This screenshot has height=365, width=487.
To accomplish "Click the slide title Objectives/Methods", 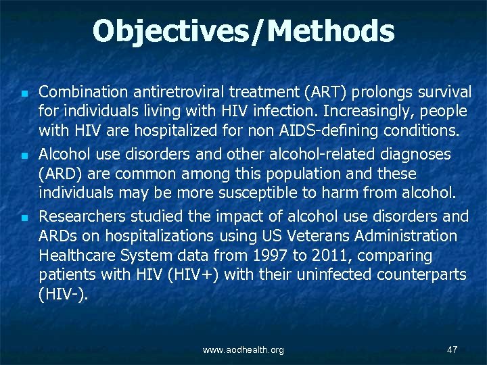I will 243,31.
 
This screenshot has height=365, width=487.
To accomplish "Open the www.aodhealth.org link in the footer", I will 243,349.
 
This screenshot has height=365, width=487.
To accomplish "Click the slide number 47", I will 453,349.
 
